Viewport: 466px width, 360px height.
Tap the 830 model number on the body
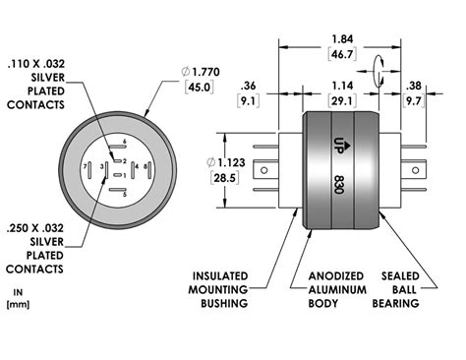(x=339, y=184)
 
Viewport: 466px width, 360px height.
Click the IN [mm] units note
(x=18, y=298)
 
